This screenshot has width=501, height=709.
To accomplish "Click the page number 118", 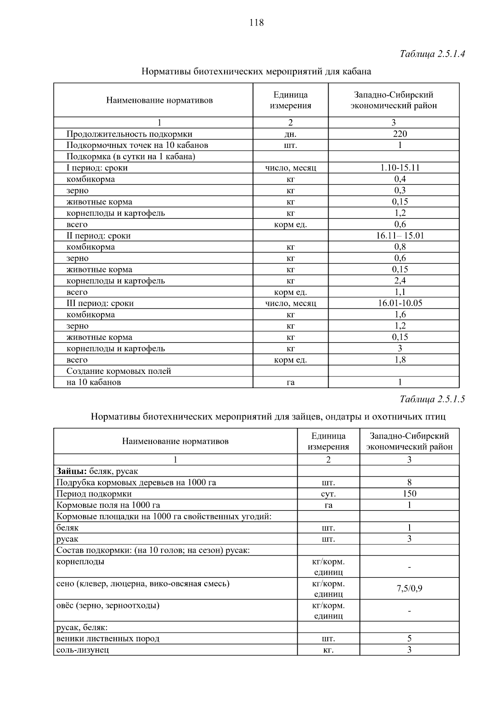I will click(256, 23).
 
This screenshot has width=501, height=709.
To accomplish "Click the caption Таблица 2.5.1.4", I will click(432, 54).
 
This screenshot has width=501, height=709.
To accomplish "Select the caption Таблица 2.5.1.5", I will click(432, 399).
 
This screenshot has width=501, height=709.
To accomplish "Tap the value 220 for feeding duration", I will click(400, 134).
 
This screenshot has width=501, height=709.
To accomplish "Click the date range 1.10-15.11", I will click(400, 168).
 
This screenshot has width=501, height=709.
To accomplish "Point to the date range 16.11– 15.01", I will click(400, 235).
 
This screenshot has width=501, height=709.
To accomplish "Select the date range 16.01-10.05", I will click(400, 303).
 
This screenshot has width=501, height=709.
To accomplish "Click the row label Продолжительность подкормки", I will click(129, 134).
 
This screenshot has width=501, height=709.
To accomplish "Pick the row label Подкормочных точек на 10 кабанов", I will click(137, 145).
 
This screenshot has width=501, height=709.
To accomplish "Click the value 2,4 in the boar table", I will click(400, 280).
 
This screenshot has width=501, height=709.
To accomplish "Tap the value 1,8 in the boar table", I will click(400, 359).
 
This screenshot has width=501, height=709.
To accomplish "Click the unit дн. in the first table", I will click(290, 134).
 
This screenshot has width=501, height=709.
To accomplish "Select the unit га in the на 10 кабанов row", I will click(290, 382).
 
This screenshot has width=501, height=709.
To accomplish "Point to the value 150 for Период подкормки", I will click(409, 493).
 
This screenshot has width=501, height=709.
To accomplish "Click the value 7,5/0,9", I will click(409, 589).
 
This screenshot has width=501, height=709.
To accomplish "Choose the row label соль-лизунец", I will click(83, 650).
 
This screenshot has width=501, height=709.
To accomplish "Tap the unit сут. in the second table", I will click(328, 494).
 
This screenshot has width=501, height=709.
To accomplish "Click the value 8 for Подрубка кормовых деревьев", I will click(409, 482).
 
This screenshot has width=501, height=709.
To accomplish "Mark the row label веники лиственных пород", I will click(108, 638).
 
